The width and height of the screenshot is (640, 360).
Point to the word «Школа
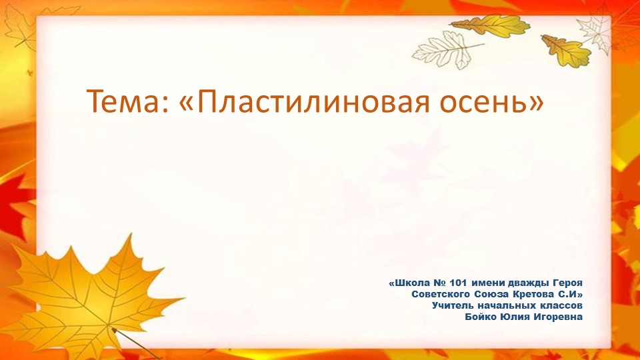[x=410, y=283]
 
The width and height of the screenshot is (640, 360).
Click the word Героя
[x=568, y=283]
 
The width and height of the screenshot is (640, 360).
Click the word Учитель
[x=453, y=305]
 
